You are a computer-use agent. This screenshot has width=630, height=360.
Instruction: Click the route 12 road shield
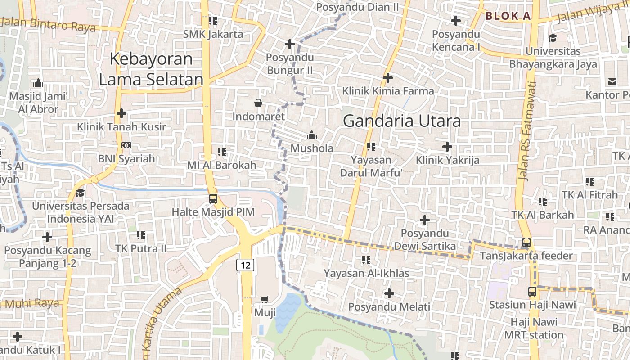(245, 265)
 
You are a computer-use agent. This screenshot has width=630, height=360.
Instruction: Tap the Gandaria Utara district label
(402, 121)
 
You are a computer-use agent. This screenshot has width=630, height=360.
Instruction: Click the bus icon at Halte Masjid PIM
(213, 198)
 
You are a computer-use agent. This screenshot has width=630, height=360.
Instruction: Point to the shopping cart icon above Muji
(265, 299)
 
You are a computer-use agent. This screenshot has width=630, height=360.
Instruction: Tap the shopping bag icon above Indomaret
(258, 103)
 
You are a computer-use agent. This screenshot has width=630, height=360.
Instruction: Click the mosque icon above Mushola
(311, 135)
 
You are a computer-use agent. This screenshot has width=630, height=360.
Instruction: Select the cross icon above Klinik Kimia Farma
(388, 78)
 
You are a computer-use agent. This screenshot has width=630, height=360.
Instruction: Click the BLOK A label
(508, 16)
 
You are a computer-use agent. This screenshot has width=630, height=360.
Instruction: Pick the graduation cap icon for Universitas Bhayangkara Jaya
(553, 38)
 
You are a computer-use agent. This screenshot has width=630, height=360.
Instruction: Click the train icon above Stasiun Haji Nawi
(532, 291)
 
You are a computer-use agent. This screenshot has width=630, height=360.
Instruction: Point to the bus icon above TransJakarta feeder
(526, 243)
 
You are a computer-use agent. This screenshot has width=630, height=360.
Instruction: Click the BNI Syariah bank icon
(126, 145)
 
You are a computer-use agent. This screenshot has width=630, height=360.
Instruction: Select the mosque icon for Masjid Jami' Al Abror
(38, 83)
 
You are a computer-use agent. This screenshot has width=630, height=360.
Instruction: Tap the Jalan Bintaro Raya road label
(48, 24)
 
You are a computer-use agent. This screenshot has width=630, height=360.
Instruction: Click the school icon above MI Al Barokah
(221, 152)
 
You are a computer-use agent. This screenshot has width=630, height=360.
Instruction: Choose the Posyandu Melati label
(389, 307)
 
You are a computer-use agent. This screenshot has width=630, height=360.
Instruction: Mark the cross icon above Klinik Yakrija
(447, 147)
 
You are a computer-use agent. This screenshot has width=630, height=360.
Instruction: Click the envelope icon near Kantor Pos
(612, 81)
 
